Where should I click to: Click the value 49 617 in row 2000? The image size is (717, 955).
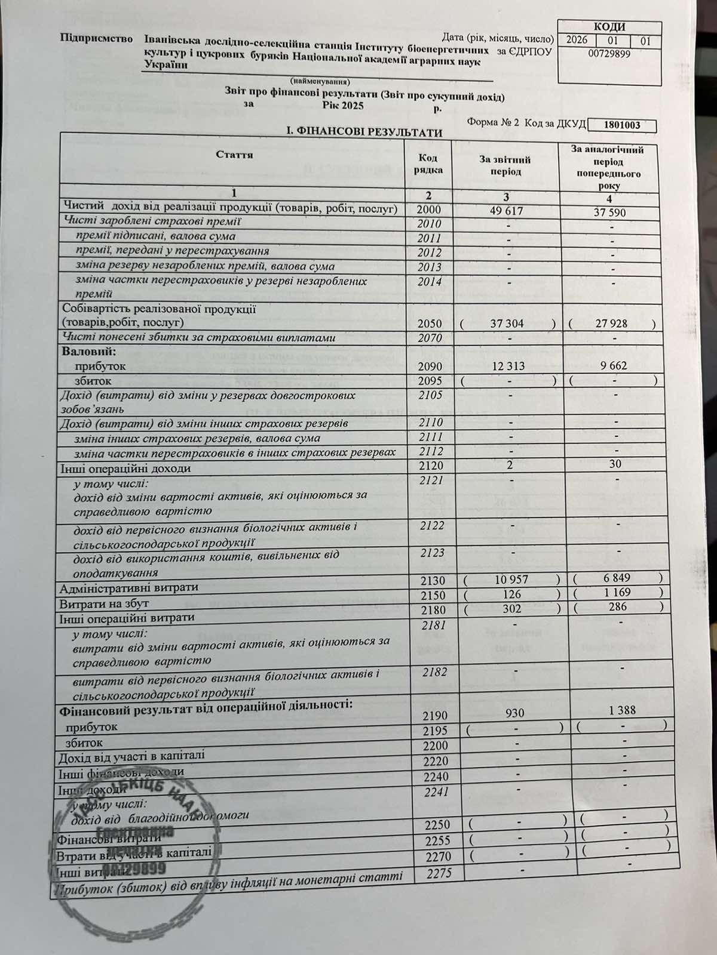506,211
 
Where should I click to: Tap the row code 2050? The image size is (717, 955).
430,324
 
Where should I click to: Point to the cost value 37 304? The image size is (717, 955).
507,324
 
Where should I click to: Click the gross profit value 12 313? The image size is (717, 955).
507,365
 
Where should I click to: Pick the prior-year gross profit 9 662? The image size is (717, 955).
610,365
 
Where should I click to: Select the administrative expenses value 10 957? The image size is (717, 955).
512,579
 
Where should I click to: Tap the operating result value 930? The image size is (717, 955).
514,713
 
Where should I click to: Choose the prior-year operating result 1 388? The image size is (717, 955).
623,710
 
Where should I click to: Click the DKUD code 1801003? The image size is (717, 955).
622,125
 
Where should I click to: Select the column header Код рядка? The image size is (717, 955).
428,164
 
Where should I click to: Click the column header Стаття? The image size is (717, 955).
234,155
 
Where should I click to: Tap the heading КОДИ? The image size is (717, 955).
609,27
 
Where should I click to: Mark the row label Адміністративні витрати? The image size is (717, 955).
128,588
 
